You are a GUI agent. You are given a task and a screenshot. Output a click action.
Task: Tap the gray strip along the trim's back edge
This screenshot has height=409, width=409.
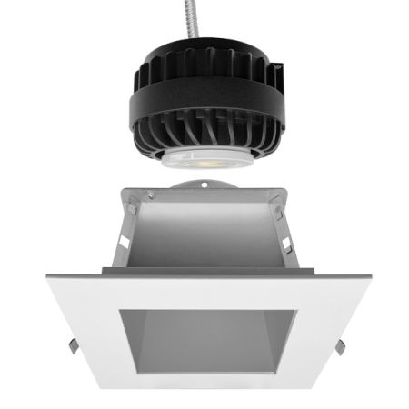click(204, 273)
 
